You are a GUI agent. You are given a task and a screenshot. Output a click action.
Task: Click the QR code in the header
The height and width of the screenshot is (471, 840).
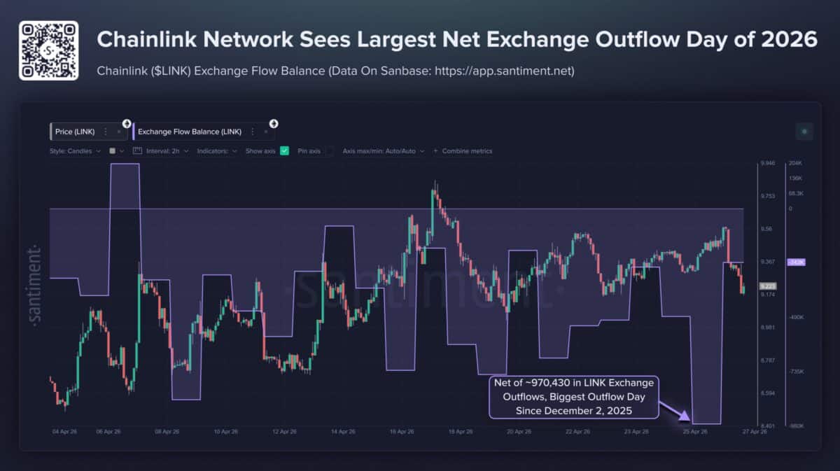pyautogui.click(x=48, y=50)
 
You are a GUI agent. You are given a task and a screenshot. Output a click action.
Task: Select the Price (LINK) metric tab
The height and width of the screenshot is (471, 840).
pyautogui.click(x=75, y=132)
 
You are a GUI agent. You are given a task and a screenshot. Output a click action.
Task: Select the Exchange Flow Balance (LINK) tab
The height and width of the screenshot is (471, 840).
pyautogui.click(x=190, y=132)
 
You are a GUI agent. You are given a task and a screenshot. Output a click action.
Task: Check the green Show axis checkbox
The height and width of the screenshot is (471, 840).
pyautogui.click(x=284, y=150)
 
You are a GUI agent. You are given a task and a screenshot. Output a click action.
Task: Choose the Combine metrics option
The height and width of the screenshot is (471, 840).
pyautogui.click(x=467, y=150)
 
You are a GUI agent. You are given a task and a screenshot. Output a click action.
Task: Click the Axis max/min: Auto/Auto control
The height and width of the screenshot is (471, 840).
pyautogui.click(x=382, y=150)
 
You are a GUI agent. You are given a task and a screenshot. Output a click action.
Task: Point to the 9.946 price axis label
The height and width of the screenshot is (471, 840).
pyautogui.click(x=768, y=163)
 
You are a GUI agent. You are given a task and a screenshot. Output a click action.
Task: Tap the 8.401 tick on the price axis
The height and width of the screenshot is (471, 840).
pyautogui.click(x=768, y=426)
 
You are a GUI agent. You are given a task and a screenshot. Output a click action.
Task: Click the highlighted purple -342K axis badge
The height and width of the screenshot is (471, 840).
pyautogui.click(x=797, y=262)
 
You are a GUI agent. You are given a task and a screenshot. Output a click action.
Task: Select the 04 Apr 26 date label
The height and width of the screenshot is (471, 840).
pyautogui.click(x=64, y=432)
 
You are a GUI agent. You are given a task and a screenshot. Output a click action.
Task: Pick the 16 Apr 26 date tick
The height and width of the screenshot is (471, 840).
pyautogui.click(x=403, y=432)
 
